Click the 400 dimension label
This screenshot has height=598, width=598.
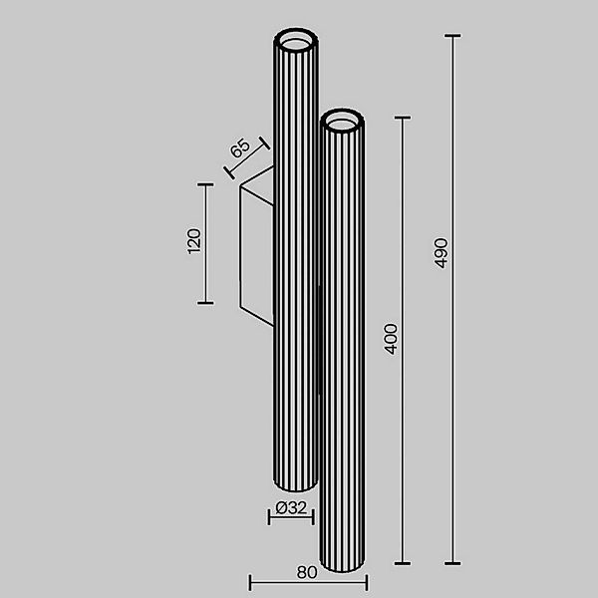[392, 339]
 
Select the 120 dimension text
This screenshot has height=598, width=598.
[194, 242]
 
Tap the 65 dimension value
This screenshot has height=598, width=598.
[240, 151]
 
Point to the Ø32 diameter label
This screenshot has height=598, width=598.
[291, 507]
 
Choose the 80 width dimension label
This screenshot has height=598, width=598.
[307, 572]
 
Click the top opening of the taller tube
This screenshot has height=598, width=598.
[296, 42]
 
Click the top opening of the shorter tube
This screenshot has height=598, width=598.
[343, 122]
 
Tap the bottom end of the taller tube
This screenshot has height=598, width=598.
[295, 487]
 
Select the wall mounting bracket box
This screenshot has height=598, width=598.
[255, 248]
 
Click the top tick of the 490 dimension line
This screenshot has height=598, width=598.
[453, 37]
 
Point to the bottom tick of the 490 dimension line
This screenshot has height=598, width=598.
[453, 564]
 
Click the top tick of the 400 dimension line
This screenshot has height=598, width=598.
[403, 118]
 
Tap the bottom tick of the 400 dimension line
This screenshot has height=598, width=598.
[403, 564]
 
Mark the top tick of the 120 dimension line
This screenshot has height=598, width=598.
[205, 184]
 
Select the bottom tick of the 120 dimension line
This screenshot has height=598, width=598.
[205, 302]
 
